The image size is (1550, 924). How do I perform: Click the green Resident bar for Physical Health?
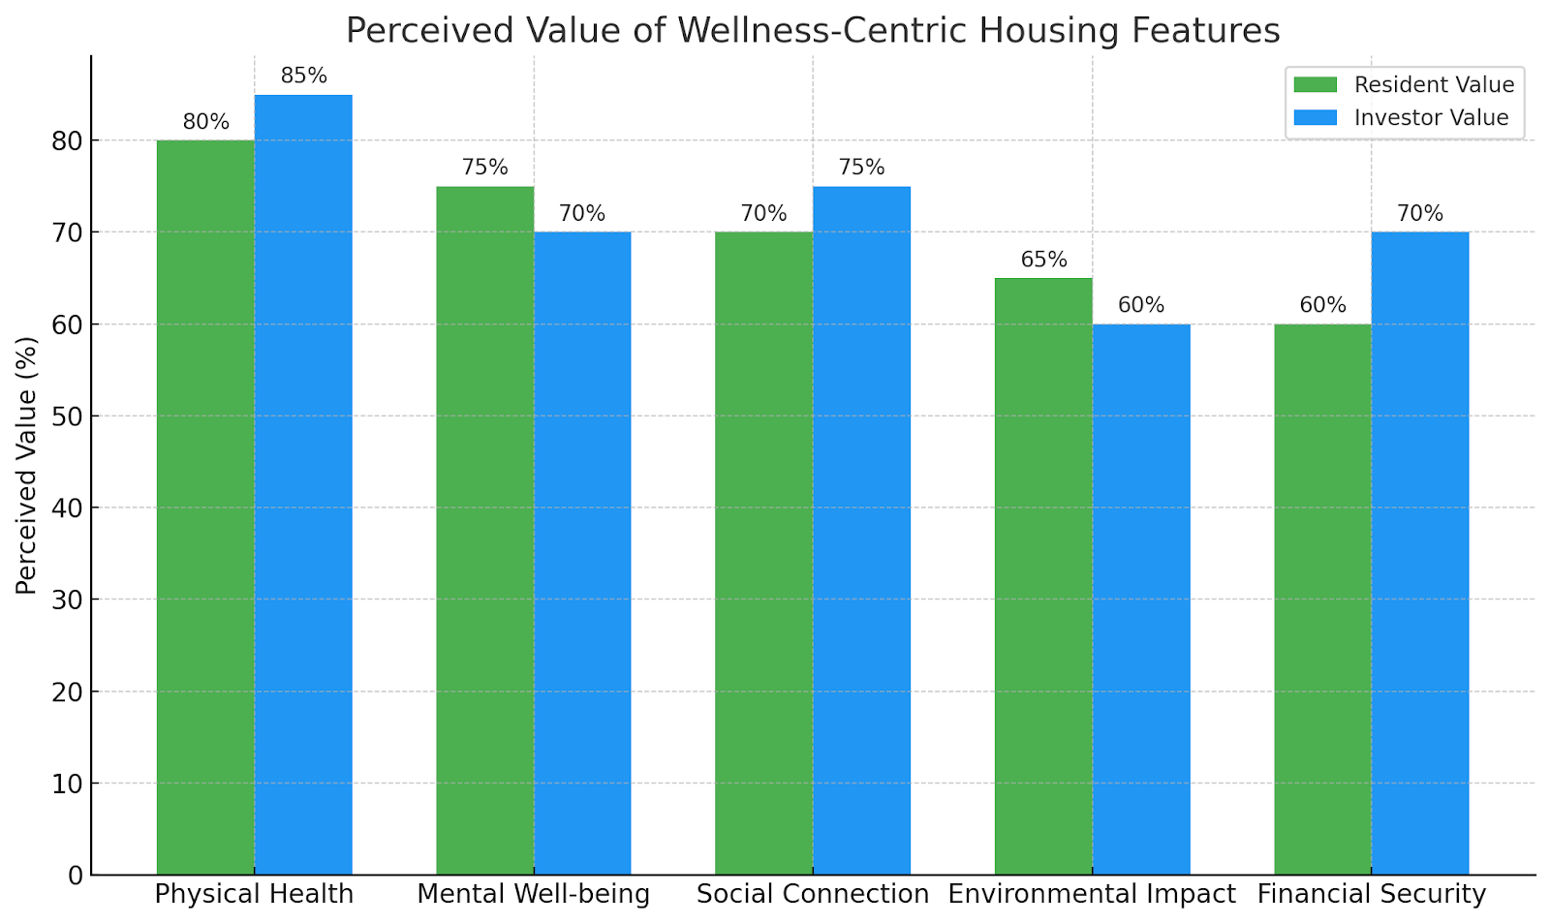[x=205, y=508]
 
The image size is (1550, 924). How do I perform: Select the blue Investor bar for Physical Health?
[x=303, y=484]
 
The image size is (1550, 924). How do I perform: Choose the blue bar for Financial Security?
[x=1420, y=553]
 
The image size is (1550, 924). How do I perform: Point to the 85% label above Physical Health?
[x=304, y=76]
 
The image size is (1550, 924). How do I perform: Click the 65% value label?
[x=1043, y=260]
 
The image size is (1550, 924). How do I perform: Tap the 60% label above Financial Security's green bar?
[x=1322, y=305]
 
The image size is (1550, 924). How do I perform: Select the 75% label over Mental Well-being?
[x=484, y=168]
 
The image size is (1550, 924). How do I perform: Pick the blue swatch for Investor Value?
[x=1315, y=118]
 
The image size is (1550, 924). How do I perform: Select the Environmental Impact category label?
[x=1092, y=894]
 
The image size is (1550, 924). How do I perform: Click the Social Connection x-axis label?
[x=813, y=894]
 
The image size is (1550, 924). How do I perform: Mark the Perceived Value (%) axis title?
[x=26, y=465]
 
